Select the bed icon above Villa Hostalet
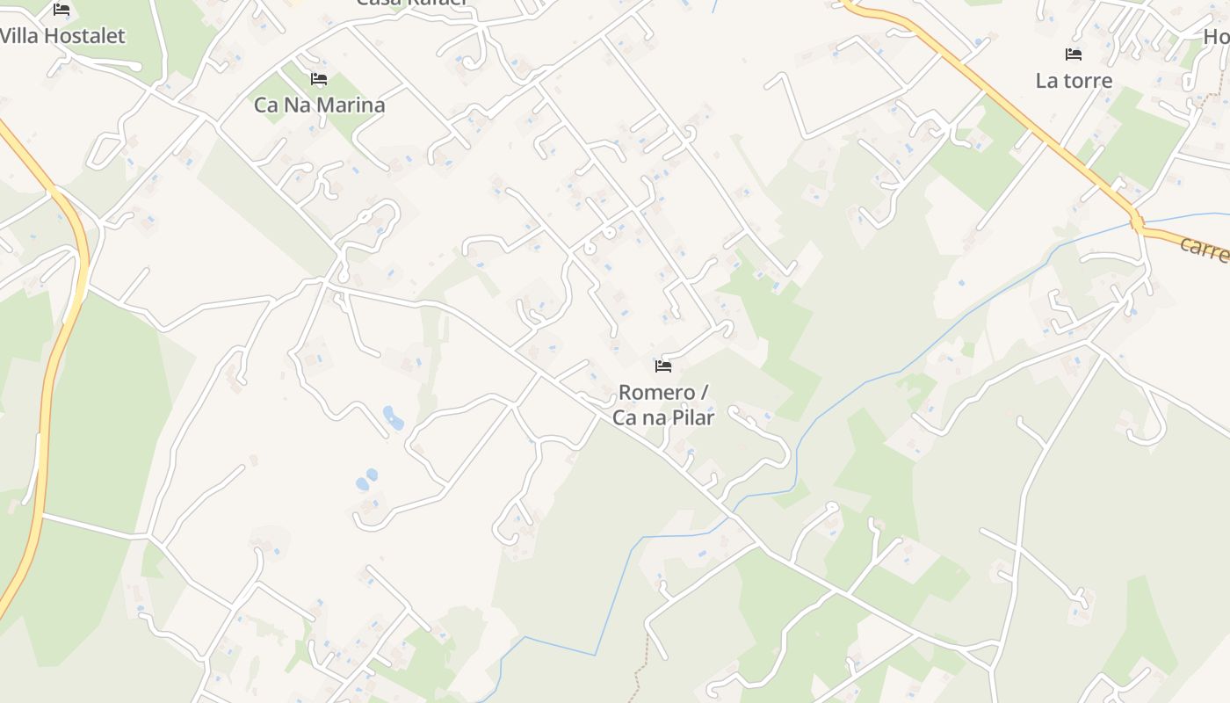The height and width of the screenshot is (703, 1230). pos(61,10)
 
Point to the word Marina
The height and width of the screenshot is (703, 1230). pos(351,105)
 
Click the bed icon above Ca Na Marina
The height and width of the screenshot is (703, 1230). pos(319,79)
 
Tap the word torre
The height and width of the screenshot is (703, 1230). pos(1088,81)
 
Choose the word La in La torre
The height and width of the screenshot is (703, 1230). pos(1046,81)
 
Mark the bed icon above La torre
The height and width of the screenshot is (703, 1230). pos(1074,54)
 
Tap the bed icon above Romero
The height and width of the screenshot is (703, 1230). pos(663,366)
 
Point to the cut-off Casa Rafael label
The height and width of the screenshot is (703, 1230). pos(411,3)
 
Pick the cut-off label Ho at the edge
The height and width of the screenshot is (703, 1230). pos(1216,37)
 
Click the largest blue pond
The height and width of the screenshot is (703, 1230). pos(393,417)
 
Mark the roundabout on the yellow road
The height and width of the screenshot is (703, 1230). pos(1137,224)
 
